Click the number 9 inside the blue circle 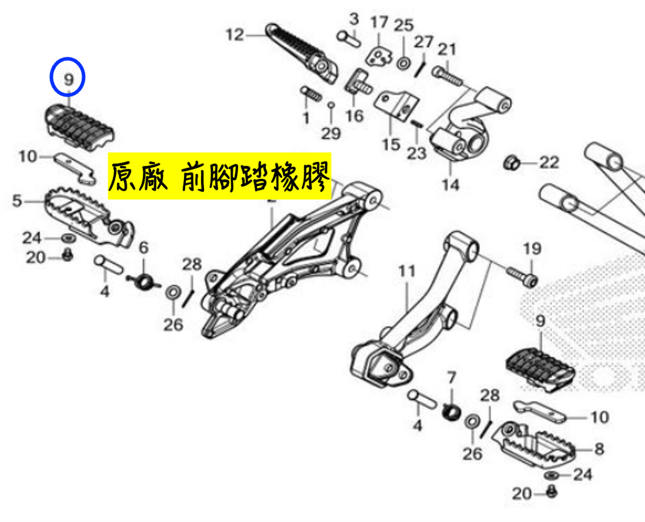(68, 79)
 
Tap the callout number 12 (235, 35)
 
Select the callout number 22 (549, 162)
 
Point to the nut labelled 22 (511, 162)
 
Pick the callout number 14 (450, 184)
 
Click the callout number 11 (407, 271)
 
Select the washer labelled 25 (404, 63)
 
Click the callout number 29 (331, 134)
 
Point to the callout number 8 (599, 448)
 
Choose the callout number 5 (16, 201)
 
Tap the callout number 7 (452, 378)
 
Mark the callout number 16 (355, 115)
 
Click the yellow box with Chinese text (220, 176)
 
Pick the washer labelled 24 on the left (68, 238)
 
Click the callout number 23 (416, 153)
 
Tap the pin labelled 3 (349, 38)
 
